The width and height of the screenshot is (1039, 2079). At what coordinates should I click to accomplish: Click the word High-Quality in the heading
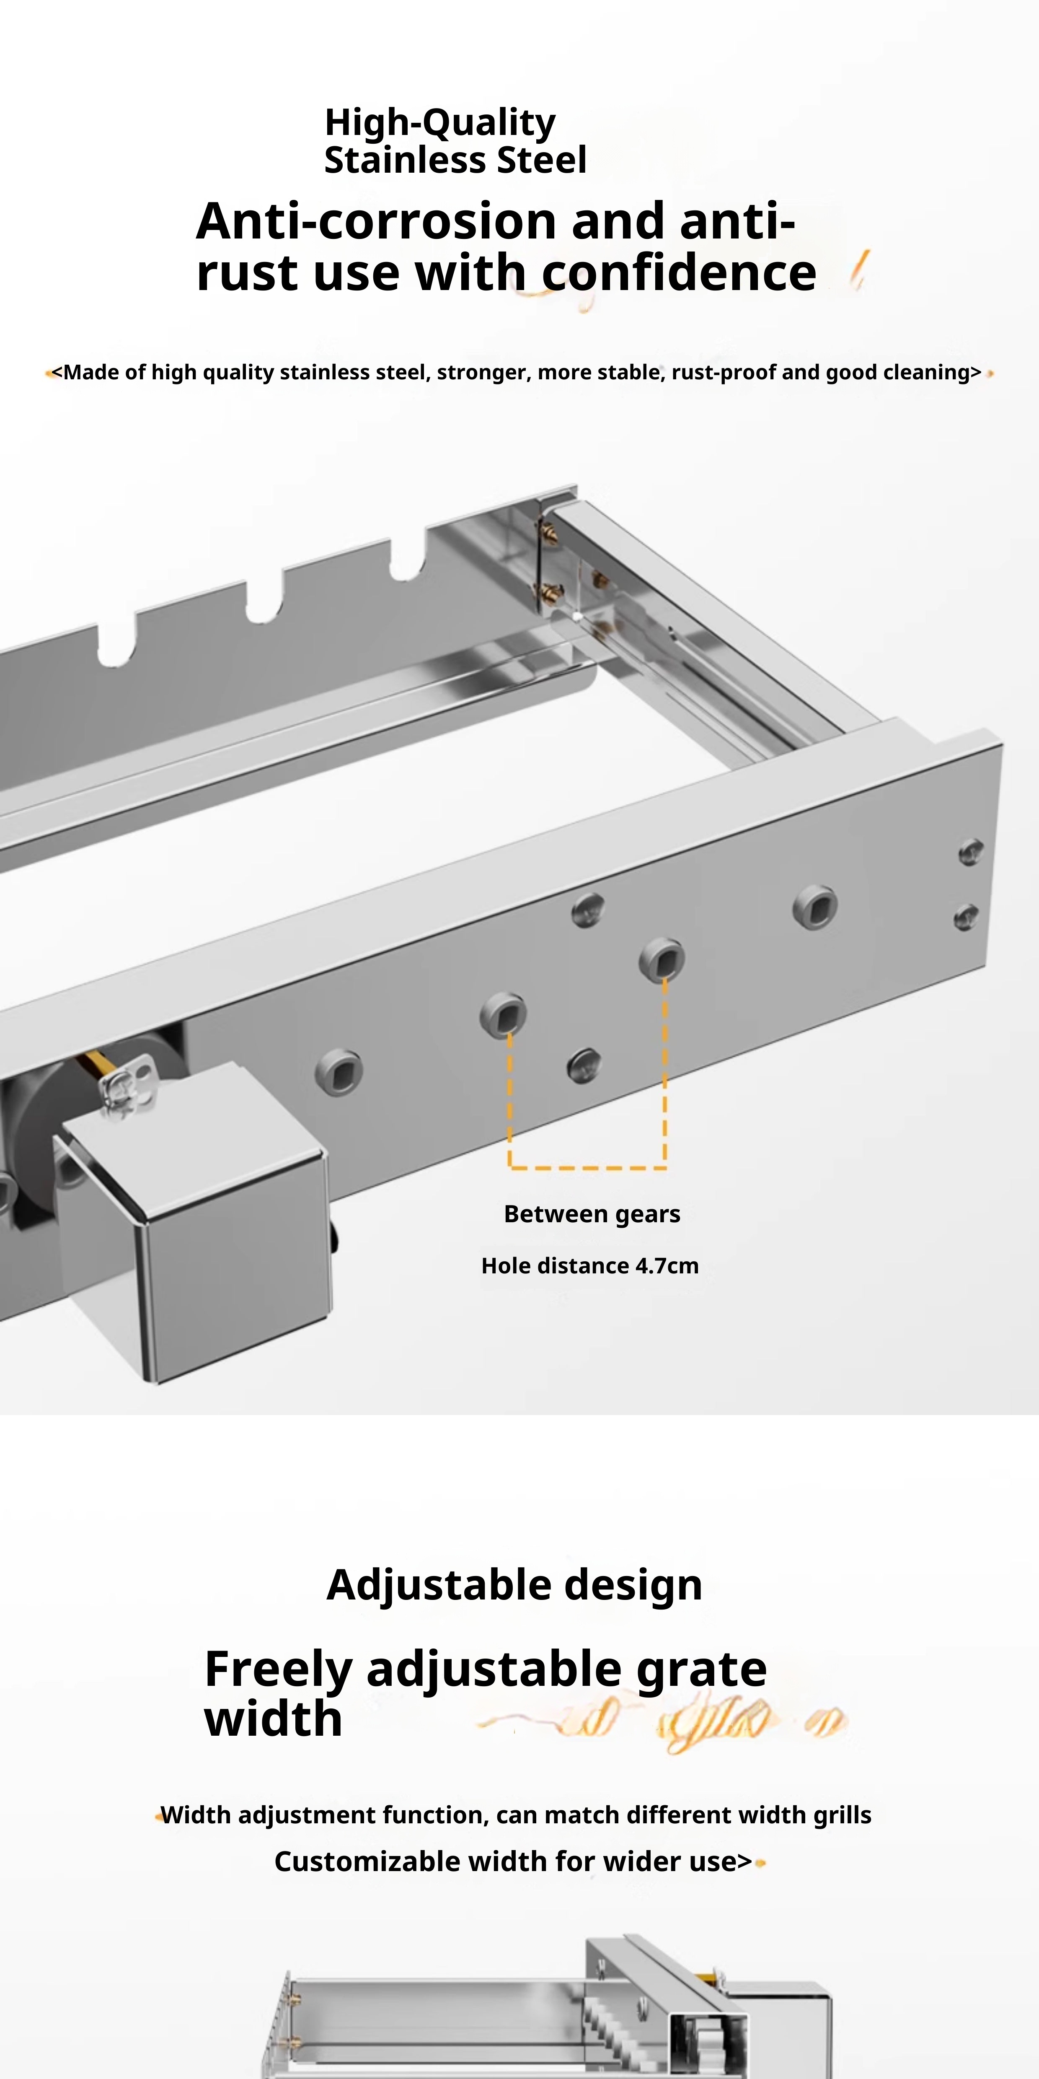tap(439, 123)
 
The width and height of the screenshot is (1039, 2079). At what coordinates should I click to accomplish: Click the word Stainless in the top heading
tap(405, 160)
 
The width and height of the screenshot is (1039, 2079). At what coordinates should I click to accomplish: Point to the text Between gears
tap(592, 1214)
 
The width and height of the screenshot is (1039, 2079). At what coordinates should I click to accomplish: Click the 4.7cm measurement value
tap(666, 1265)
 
